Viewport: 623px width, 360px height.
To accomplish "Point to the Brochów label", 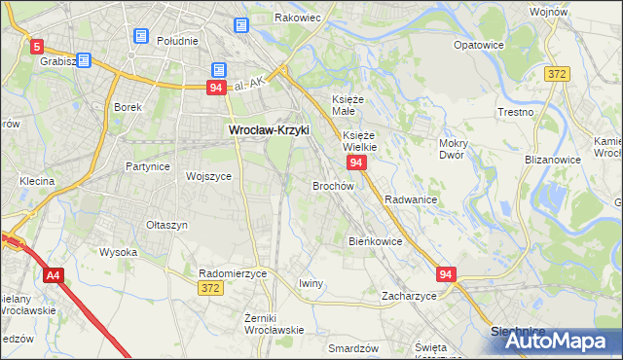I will point(333,185).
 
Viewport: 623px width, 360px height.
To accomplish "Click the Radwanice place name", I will point(411,198).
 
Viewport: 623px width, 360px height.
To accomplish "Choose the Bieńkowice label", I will point(376,240).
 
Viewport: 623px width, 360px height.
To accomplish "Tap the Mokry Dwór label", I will point(454,149).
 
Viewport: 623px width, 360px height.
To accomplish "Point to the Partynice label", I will point(148,166).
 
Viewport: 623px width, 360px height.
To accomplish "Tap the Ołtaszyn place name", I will point(166,225).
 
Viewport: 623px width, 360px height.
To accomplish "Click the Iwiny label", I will point(311,283).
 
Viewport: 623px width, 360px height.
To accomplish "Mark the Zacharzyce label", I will point(409,295).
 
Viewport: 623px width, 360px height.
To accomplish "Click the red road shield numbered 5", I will point(37,46).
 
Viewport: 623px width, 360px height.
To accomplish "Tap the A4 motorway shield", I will point(53,276).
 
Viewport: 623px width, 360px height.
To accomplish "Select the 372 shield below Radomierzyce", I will point(209,288).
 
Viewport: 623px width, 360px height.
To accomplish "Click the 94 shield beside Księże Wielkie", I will point(356,162).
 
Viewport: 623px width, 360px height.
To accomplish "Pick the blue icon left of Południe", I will point(140,37).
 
